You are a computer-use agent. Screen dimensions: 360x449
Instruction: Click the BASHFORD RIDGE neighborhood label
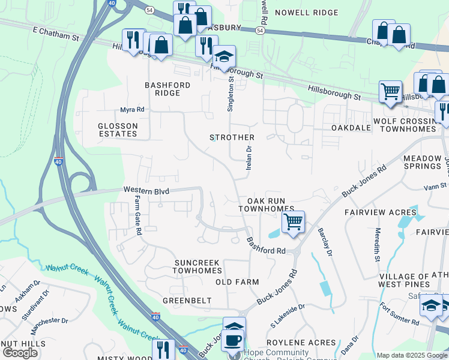click(x=167, y=89)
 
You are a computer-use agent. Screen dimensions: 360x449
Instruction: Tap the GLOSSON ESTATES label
click(x=118, y=130)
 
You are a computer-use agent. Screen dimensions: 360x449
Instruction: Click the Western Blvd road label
click(x=146, y=191)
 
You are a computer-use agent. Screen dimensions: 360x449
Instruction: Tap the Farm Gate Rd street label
click(x=137, y=214)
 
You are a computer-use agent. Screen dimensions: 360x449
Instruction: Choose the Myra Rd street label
click(x=132, y=110)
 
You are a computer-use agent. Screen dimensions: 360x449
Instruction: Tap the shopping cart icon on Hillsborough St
click(x=390, y=92)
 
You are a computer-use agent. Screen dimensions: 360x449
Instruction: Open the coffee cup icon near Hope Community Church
click(x=234, y=339)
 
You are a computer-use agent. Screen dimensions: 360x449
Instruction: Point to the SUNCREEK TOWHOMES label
click(x=197, y=267)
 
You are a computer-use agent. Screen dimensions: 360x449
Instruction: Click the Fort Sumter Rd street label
click(x=400, y=314)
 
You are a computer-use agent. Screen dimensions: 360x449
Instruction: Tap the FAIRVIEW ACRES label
click(x=381, y=212)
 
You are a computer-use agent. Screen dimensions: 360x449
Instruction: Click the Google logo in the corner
click(x=20, y=353)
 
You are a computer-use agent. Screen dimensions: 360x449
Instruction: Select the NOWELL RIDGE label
click(x=298, y=13)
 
